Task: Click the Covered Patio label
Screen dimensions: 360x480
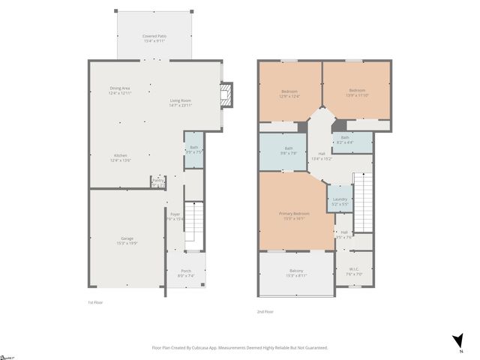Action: [154, 38]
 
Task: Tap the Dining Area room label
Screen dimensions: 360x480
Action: [120, 91]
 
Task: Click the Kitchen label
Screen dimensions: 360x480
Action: [120, 157]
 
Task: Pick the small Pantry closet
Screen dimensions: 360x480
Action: [157, 181]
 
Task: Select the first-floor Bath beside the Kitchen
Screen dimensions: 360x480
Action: [193, 150]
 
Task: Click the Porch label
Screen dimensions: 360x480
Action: [186, 274]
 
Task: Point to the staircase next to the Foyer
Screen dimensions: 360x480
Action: [193, 225]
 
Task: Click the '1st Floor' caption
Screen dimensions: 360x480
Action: [95, 302]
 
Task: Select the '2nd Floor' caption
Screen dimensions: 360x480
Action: [265, 311]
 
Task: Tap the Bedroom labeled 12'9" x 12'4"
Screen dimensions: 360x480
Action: [289, 93]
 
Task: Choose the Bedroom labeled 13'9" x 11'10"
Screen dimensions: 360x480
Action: [356, 93]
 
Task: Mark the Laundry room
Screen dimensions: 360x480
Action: [340, 201]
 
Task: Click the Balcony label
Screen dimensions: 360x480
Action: [296, 273]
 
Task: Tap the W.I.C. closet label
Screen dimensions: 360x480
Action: [355, 271]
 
